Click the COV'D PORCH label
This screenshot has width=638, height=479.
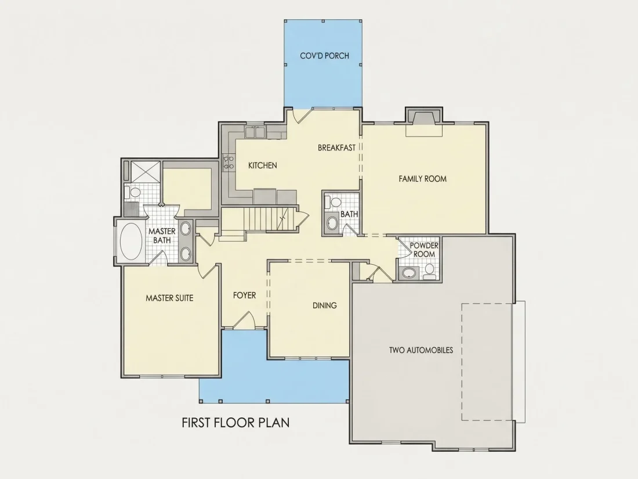click(324, 55)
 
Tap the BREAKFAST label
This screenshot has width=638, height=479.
click(336, 148)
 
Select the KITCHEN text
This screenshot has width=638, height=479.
click(262, 165)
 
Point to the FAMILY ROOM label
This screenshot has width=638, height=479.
click(422, 178)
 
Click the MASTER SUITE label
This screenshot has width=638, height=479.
click(169, 298)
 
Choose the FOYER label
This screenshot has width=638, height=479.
click(244, 296)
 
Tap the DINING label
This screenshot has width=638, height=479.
click(324, 305)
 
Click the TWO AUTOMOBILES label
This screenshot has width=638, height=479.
click(420, 350)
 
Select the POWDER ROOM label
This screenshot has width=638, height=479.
click(424, 250)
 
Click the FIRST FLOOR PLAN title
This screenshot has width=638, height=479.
click(235, 422)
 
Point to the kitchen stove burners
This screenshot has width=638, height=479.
click(229, 162)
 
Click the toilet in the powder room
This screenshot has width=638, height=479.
click(429, 271)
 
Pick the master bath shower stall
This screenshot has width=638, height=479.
click(145, 171)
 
